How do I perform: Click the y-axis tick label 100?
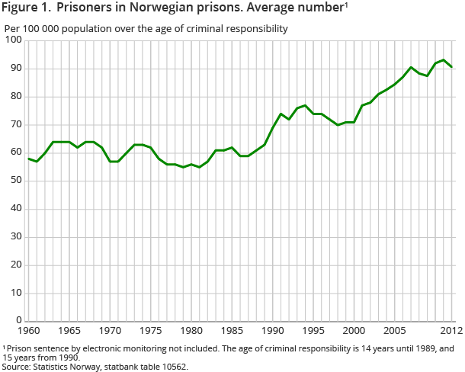[x=13, y=40]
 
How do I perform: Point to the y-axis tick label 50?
[x=15, y=181]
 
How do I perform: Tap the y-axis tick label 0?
[x=18, y=321]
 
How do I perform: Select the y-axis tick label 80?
[x=15, y=97]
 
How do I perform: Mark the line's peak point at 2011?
[x=444, y=59]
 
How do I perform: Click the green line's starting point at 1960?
[x=28, y=159]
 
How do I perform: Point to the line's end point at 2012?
[x=452, y=67]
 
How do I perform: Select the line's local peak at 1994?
[x=305, y=105]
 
